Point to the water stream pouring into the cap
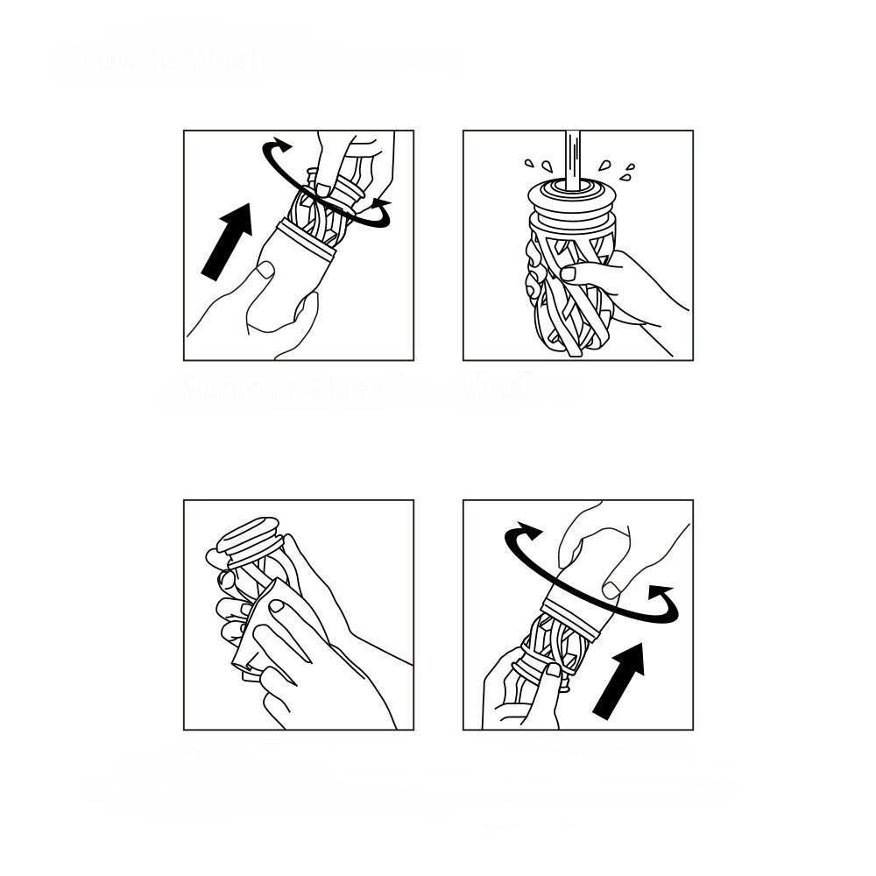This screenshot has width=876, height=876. pos(573,158)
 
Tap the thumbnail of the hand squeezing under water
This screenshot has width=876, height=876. pos(569,273)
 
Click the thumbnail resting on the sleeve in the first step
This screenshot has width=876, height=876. pos(262,272)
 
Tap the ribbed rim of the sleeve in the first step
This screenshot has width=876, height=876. pos(307,238)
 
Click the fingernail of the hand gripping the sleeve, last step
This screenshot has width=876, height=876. pos(611,590)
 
